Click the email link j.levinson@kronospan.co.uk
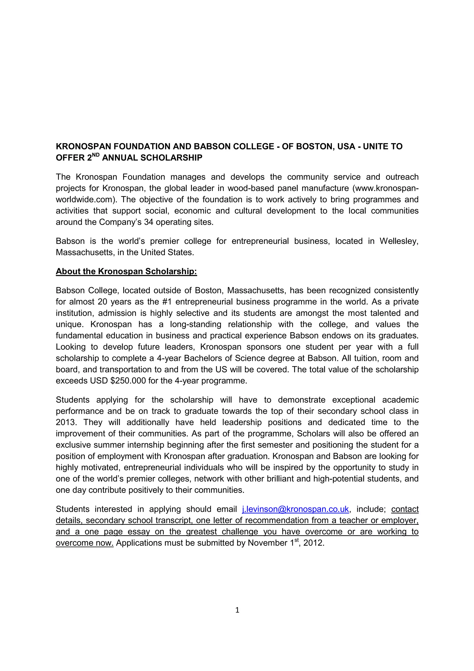pyautogui.click(x=295, y=509)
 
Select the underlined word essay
pyautogui.click(x=138, y=532)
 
